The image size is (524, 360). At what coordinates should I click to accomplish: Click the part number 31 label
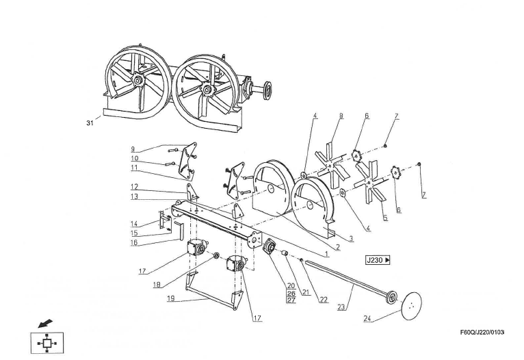tap(89, 123)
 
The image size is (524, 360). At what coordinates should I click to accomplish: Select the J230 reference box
tap(378, 260)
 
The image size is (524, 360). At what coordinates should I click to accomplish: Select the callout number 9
tap(133, 149)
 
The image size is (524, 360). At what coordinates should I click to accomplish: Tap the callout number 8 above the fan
tap(340, 116)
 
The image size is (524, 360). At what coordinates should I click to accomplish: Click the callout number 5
tap(384, 218)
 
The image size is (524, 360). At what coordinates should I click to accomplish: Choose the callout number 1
tap(327, 253)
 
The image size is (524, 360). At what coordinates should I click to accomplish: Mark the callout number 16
tap(134, 242)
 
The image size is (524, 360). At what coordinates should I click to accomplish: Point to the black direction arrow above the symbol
tap(45, 322)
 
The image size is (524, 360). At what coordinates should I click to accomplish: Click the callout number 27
tap(291, 300)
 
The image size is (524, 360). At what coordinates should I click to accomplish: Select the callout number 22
tap(323, 300)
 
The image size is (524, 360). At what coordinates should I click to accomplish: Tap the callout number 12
tap(134, 186)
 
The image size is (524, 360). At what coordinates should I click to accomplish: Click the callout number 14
tap(134, 223)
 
